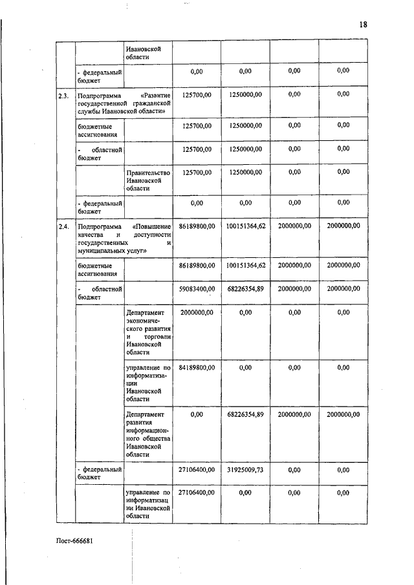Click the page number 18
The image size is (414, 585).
tap(363, 24)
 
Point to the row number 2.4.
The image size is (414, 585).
tap(63, 227)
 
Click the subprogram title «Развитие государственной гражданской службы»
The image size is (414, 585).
tap(124, 103)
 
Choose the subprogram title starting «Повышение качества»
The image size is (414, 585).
tap(124, 238)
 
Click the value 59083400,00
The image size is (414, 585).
tap(197, 288)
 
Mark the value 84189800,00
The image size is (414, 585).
tap(197, 367)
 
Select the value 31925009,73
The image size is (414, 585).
tap(245, 470)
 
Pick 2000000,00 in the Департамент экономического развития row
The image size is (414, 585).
tap(197, 312)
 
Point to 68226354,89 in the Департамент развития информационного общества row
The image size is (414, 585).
tap(245, 414)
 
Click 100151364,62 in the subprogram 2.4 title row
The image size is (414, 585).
tap(245, 227)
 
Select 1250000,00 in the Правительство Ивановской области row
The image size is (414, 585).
tap(245, 172)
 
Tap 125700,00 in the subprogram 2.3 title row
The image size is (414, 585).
tap(197, 94)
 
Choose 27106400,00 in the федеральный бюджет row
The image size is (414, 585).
tap(197, 470)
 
